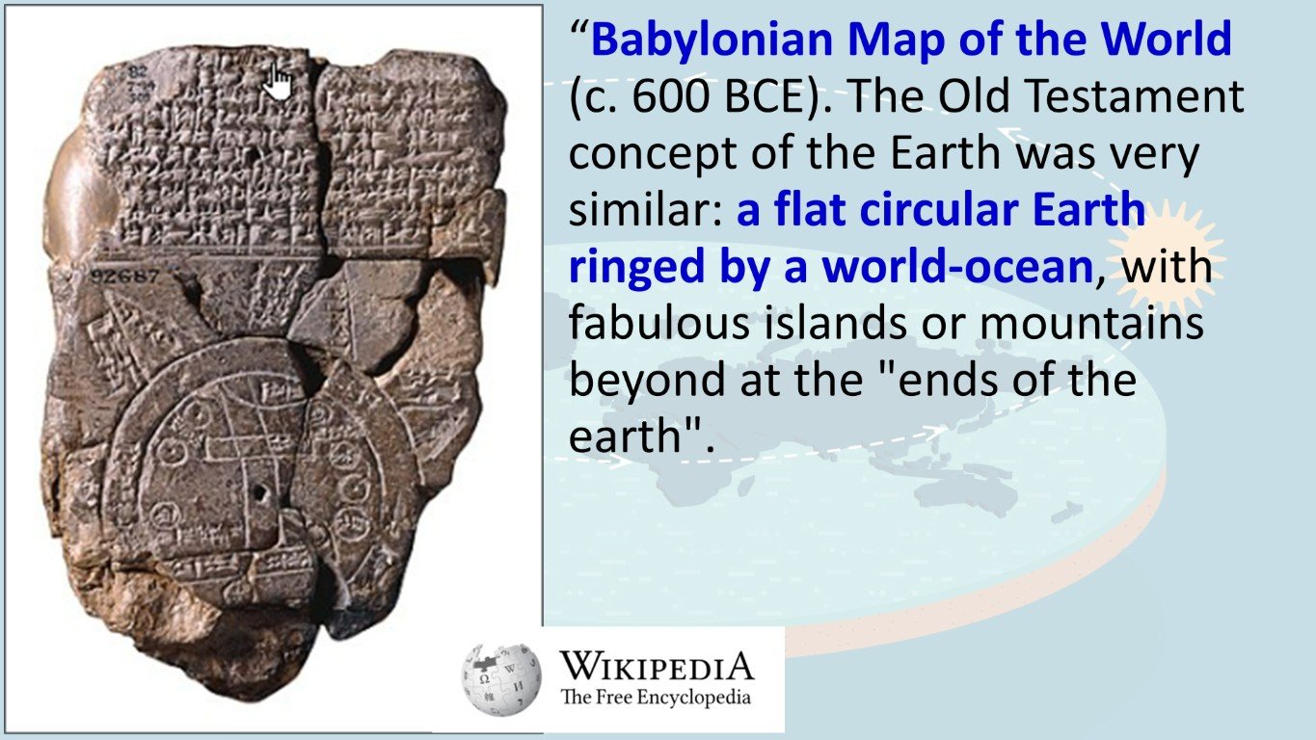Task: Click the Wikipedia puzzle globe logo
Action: [x=501, y=680]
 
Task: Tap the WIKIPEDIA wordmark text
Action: [x=657, y=666]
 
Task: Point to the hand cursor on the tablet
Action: [x=278, y=81]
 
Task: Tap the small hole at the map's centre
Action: [x=258, y=492]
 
